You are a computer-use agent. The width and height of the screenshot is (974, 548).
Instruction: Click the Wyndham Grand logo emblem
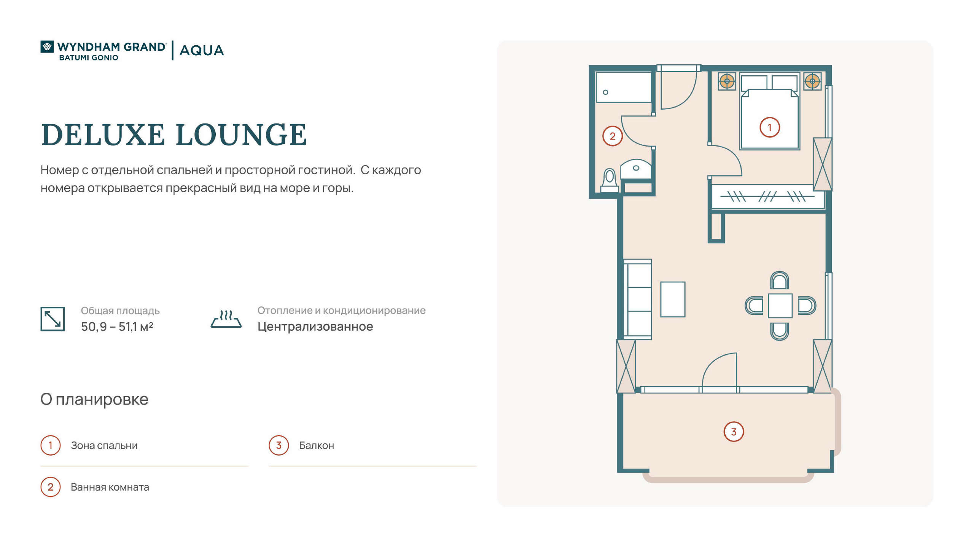pyautogui.click(x=47, y=47)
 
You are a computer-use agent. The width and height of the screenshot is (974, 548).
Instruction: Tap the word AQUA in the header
pyautogui.click(x=202, y=50)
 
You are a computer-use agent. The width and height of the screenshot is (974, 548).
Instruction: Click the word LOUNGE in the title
pyautogui.click(x=241, y=135)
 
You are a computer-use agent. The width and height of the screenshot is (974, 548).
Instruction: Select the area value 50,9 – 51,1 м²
pyautogui.click(x=117, y=327)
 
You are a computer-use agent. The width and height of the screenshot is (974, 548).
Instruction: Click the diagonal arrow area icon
pyautogui.click(x=53, y=319)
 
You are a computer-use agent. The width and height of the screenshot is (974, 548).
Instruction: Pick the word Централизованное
pyautogui.click(x=315, y=327)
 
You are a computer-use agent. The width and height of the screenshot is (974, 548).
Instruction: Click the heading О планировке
pyautogui.click(x=94, y=399)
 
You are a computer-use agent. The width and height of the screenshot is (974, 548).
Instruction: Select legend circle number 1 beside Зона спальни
pyautogui.click(x=51, y=445)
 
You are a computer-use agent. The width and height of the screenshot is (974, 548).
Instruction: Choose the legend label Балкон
pyautogui.click(x=317, y=445)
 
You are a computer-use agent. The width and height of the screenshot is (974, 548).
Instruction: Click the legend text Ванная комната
pyautogui.click(x=110, y=487)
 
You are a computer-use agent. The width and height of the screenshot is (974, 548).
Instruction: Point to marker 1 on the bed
pyautogui.click(x=770, y=127)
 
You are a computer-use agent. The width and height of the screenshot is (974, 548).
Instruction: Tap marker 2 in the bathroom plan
pyautogui.click(x=613, y=136)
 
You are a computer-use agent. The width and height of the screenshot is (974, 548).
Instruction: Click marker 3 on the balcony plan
pyautogui.click(x=734, y=432)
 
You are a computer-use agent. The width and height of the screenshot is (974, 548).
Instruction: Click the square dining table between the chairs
pyautogui.click(x=780, y=305)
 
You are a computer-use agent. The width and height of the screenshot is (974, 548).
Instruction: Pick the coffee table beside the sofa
pyautogui.click(x=673, y=299)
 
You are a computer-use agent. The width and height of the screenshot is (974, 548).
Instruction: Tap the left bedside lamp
pyautogui.click(x=727, y=81)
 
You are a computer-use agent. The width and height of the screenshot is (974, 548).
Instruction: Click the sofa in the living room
pyautogui.click(x=638, y=299)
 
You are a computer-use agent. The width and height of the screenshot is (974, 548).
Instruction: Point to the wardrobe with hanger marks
pyautogui.click(x=768, y=196)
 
